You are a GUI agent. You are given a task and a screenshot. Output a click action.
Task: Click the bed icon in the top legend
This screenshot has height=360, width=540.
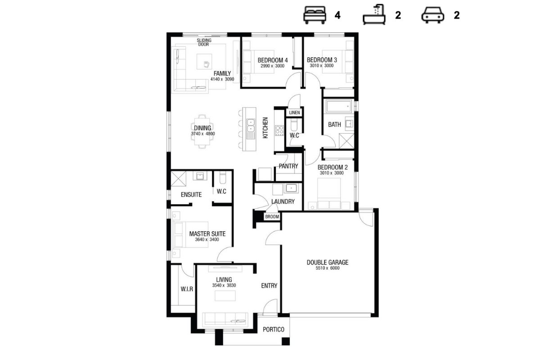pos(315,15)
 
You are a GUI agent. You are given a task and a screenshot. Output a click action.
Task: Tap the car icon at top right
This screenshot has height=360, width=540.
pos(432,15)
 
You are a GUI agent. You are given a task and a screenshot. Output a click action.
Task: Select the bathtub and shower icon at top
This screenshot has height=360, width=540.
pos(374,14)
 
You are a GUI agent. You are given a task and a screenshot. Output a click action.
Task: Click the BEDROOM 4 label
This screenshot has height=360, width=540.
pos(272,60)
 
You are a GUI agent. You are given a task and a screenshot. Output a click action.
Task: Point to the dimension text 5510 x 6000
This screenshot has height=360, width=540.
pos(328,268)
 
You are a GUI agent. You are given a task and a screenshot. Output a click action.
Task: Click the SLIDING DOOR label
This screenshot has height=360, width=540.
pos(204,42)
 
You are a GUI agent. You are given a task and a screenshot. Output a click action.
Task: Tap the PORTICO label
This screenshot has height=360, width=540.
pos(274,329)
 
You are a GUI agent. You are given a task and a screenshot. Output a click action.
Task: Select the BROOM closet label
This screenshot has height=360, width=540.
pos(272,216)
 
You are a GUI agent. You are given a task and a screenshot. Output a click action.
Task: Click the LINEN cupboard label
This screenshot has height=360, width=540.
pos(294,112)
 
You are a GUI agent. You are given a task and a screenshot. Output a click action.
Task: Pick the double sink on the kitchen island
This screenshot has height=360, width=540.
pos(251,126)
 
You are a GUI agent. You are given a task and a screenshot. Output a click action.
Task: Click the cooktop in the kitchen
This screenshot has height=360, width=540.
pos(279,130)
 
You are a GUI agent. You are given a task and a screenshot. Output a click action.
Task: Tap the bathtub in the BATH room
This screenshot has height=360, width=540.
pos(338,106)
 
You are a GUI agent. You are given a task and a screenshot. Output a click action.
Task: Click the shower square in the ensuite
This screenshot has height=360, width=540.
pos(178,179)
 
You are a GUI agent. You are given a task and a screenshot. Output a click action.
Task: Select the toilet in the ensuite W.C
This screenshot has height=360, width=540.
pos(223,177)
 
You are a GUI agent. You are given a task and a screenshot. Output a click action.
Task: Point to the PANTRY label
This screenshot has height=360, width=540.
pos(288,166)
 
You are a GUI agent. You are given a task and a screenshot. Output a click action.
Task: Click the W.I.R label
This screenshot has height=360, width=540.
pos(187,289)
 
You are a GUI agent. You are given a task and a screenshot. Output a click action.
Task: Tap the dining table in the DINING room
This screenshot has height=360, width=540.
pos(202,131)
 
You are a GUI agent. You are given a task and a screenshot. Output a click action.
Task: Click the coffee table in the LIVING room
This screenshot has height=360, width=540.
pos(225,296)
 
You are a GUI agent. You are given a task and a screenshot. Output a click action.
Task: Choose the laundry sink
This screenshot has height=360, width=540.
pos(291,188)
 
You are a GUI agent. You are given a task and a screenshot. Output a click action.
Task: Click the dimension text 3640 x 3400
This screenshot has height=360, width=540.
pos(207,239)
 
